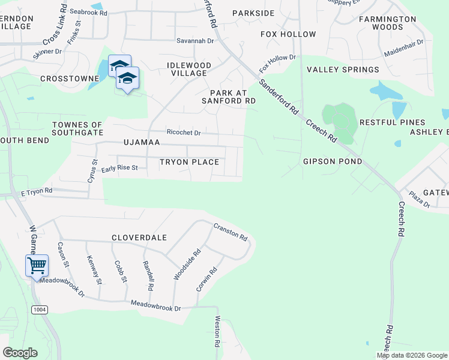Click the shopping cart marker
pyautogui.click(x=37, y=265)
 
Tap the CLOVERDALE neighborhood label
pyautogui.click(x=139, y=238)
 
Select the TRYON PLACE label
pyautogui.click(x=188, y=162)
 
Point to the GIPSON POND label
pyautogui.click(x=333, y=161)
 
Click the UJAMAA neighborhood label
pyautogui.click(x=142, y=143)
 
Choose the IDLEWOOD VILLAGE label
pyautogui.click(x=189, y=69)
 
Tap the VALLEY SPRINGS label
pyautogui.click(x=343, y=70)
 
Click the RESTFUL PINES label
pyautogui.click(x=388, y=122)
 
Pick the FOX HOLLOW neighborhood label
pyautogui.click(x=288, y=34)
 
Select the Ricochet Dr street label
pyautogui.click(x=183, y=133)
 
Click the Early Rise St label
pyautogui.click(x=119, y=169)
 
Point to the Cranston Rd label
pyautogui.click(x=231, y=232)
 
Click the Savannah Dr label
pyautogui.click(x=195, y=41)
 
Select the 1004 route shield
pyautogui.click(x=40, y=309)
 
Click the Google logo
pyautogui.click(x=20, y=353)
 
